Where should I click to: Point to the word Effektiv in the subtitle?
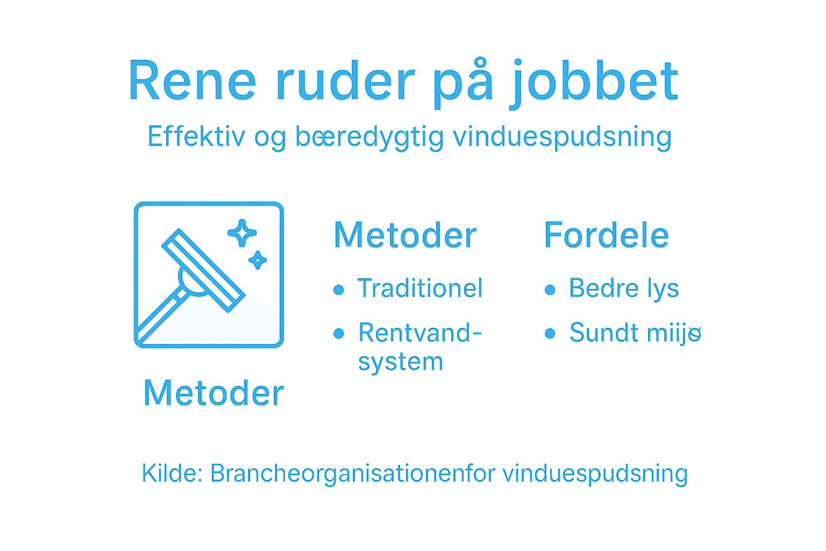coord(197,137)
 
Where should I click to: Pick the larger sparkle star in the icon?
coord(242,233)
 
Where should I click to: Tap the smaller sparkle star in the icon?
coord(258,260)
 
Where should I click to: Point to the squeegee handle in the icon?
coord(161,315)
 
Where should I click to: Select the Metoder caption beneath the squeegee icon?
coord(213,393)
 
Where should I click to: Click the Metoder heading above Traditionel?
coord(405,235)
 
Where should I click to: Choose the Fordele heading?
coord(606,235)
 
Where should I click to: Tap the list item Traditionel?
coord(420,288)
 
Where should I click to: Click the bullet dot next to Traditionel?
coord(338,290)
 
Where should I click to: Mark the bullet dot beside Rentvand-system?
coord(338,334)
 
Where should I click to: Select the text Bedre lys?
coord(624,288)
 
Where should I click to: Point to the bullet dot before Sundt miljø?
coord(550,334)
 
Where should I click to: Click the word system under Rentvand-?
coord(401,362)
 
